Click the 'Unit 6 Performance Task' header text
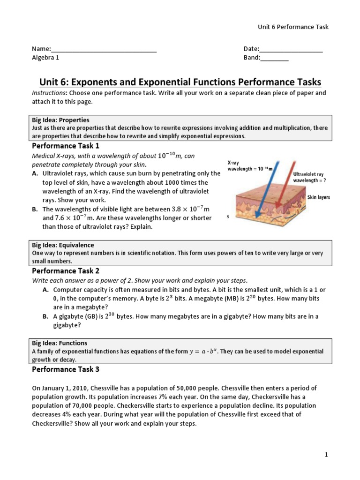pos(293,27)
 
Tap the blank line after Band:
pos(274,59)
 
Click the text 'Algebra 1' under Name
pos(45,58)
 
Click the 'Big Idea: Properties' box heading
pos(60,120)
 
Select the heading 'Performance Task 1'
pos(66,146)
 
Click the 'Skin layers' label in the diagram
pos(318,197)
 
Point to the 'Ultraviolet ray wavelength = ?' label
pos(311,177)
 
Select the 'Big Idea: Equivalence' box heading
pos(63,245)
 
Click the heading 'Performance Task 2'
pos(66,271)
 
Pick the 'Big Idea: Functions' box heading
pos(60,343)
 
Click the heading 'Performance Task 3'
pos(66,369)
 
